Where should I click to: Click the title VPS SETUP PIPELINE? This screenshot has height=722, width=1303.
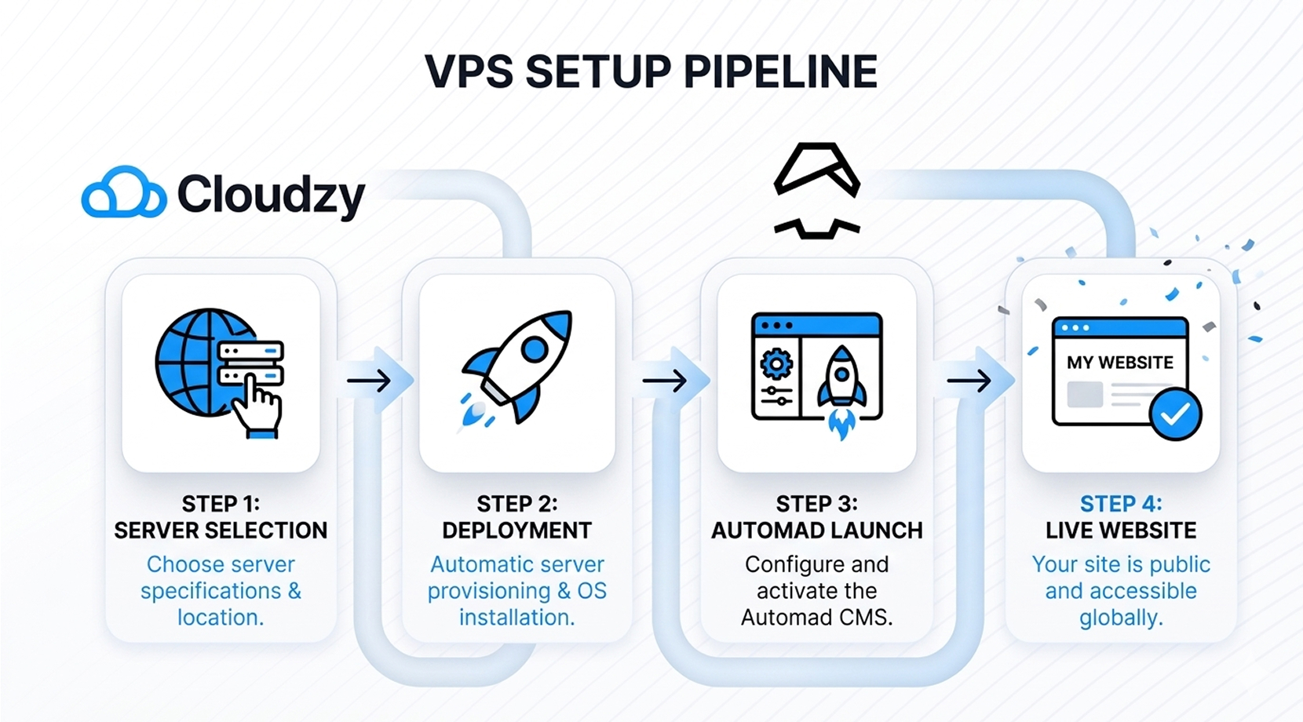click(651, 71)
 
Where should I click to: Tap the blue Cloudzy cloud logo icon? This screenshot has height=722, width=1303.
click(123, 192)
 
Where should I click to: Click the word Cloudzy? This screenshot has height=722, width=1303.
click(271, 194)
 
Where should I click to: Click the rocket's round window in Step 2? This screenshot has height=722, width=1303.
click(535, 348)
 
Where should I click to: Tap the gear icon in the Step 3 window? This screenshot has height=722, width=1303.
click(776, 363)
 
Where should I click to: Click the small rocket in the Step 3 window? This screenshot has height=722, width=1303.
click(841, 385)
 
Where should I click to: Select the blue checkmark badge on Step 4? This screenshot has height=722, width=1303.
click(1175, 414)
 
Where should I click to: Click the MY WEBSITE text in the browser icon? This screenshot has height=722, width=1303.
click(1120, 363)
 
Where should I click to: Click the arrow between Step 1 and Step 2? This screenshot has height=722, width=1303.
click(370, 381)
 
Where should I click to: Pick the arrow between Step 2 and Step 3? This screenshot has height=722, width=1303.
click(665, 381)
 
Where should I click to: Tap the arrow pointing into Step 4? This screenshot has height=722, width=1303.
click(969, 381)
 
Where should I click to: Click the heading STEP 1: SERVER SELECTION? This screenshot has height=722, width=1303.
click(221, 517)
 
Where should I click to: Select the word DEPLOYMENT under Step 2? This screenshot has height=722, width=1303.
click(516, 531)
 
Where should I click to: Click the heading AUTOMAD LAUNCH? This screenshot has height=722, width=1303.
click(816, 531)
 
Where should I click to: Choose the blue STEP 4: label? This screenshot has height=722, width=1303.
click(1120, 503)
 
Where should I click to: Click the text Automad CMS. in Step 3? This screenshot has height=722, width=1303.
click(816, 618)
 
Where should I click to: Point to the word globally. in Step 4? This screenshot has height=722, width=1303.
click(1120, 618)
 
